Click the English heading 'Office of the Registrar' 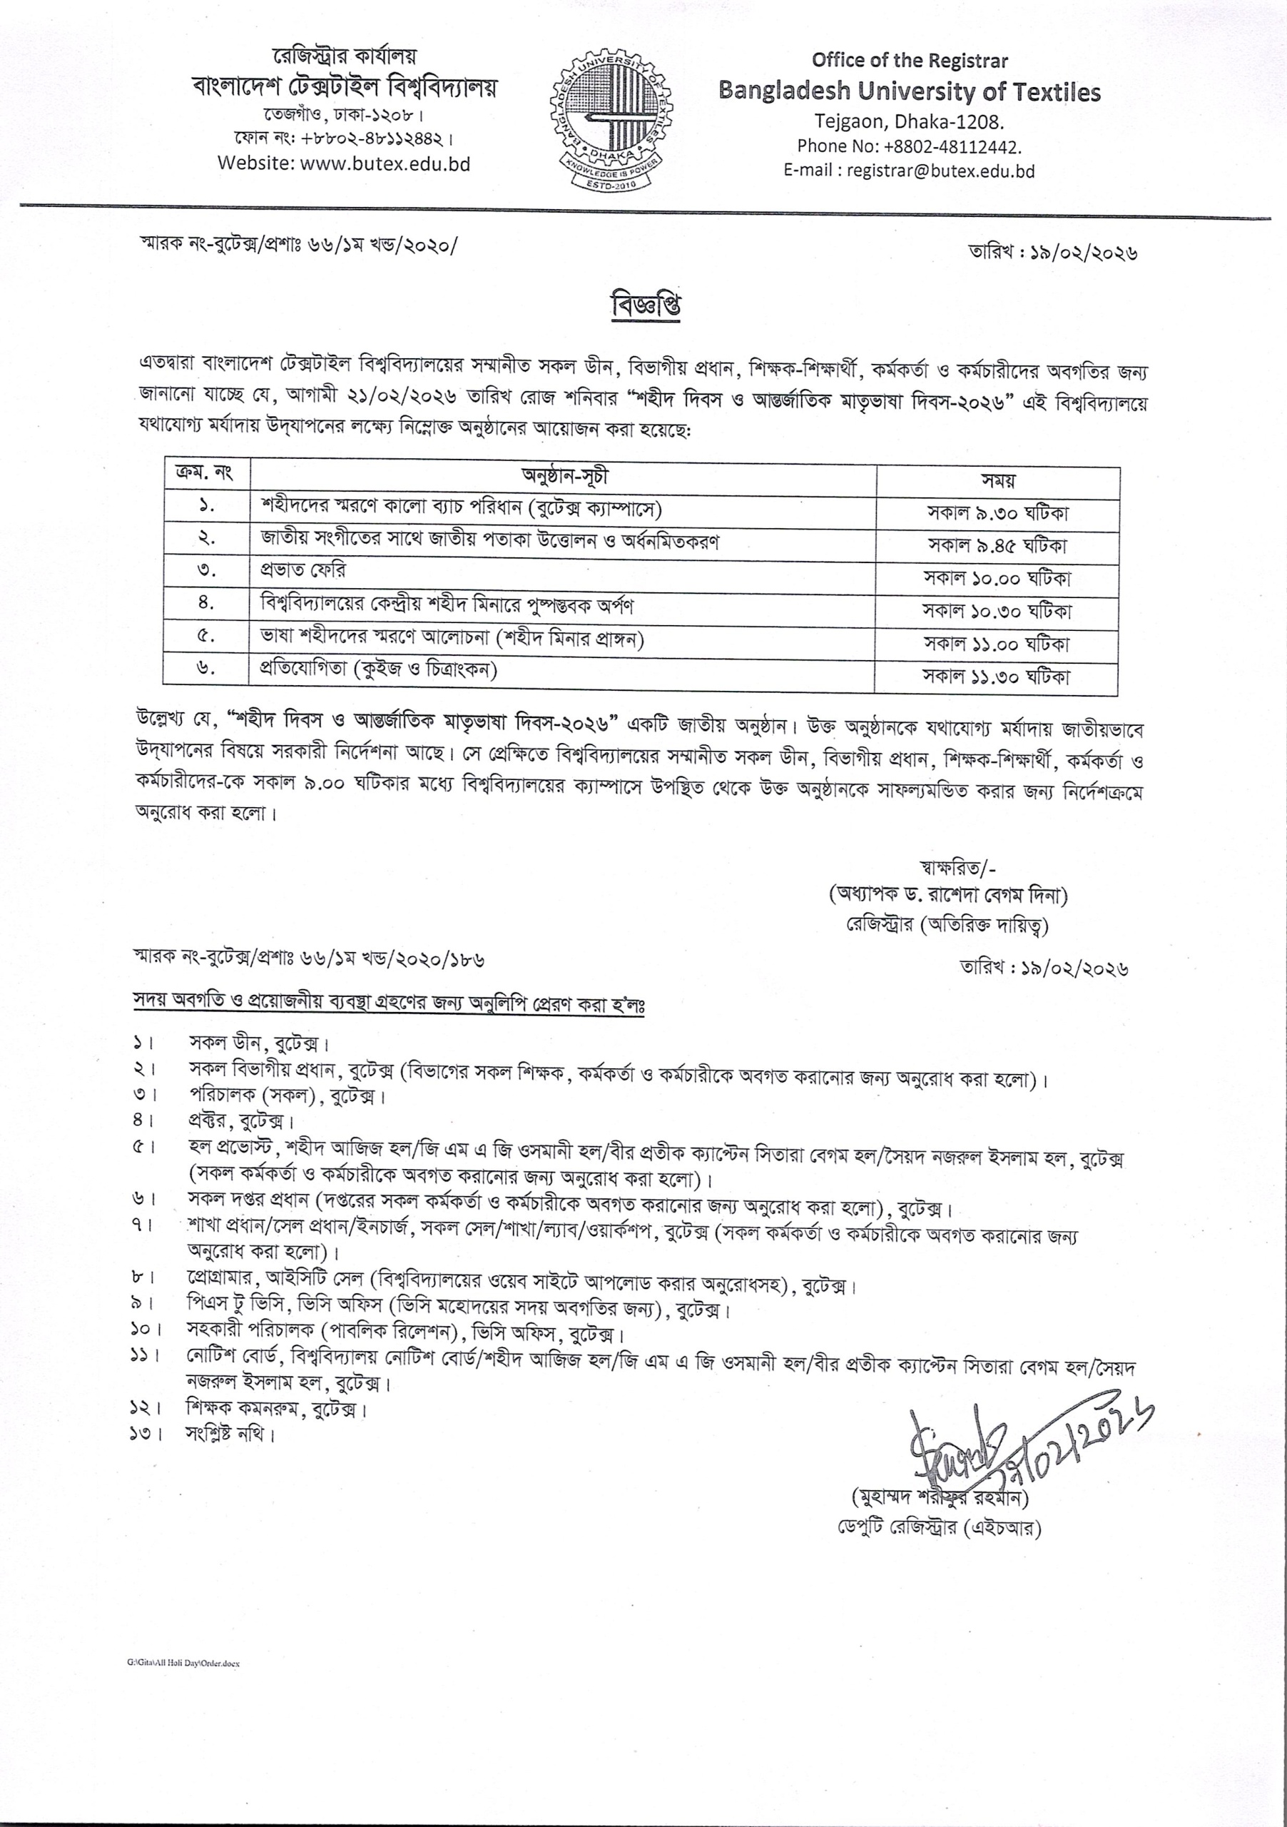coord(909,61)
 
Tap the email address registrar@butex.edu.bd coord(940,171)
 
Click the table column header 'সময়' coord(997,480)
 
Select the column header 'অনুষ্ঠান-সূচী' coord(564,477)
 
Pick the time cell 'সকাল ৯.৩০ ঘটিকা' coord(997,513)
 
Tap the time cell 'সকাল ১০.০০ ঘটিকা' coord(997,579)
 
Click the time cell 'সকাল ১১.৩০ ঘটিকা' coord(997,677)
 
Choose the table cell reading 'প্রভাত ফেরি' coord(303,570)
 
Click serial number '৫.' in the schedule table coord(206,636)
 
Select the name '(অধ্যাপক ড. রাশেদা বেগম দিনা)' coord(947,896)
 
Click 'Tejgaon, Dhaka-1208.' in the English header coord(909,123)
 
